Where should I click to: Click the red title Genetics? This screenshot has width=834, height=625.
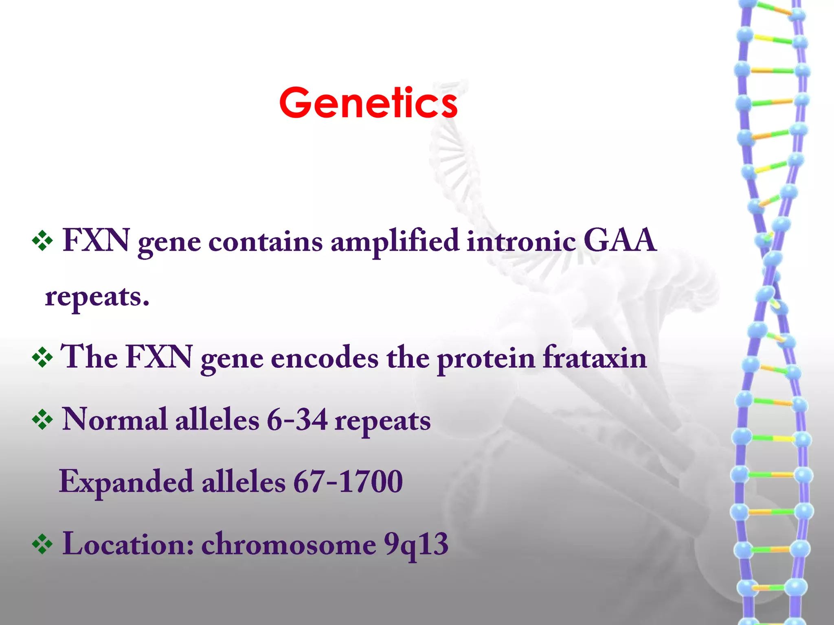(368, 103)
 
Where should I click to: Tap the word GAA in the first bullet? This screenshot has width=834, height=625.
(619, 240)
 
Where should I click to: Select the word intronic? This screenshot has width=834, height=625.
(521, 241)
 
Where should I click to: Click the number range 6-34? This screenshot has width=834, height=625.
(297, 420)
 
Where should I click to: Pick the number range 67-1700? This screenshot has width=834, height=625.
(348, 482)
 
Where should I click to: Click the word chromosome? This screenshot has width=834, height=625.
(289, 544)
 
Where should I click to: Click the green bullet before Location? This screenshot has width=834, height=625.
(42, 544)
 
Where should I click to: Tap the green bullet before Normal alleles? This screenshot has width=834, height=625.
(42, 420)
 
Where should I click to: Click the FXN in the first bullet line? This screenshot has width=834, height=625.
(96, 240)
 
